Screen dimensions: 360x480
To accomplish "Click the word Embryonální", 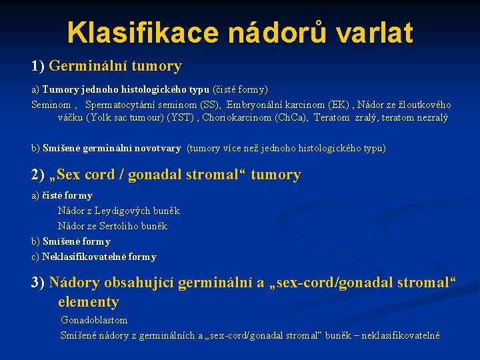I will [x=254, y=105].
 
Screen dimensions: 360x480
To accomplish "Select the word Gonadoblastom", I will [x=94, y=321].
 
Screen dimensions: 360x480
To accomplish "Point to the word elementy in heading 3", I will [x=88, y=302].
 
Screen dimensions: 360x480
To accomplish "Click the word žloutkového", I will [x=424, y=105].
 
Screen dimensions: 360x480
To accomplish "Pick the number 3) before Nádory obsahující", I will [x=38, y=283].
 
